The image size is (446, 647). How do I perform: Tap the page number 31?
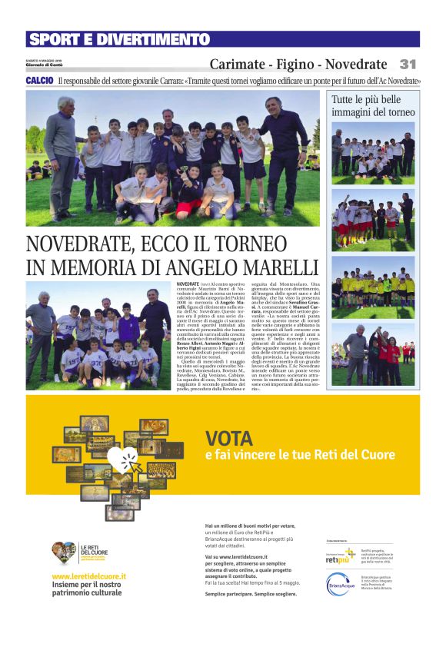pyautogui.click(x=407, y=65)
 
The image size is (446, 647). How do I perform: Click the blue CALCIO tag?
pyautogui.click(x=39, y=81)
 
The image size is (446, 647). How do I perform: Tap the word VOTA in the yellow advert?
pyautogui.click(x=229, y=439)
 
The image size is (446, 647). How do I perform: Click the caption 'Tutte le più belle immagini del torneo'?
pyautogui.click(x=373, y=106)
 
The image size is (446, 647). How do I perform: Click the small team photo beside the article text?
pyautogui.click(x=98, y=335)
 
